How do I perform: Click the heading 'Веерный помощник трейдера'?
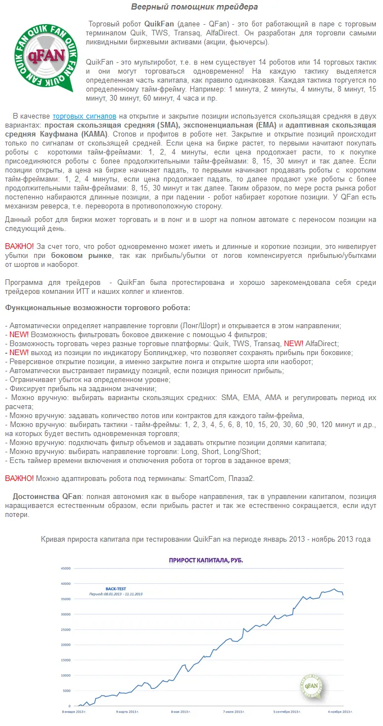(195, 7)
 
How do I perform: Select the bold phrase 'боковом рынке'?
(90, 256)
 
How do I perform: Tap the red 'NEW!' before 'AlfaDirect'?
(294, 343)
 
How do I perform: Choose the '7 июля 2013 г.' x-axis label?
(237, 711)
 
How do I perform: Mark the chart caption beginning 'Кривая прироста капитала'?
(206, 539)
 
